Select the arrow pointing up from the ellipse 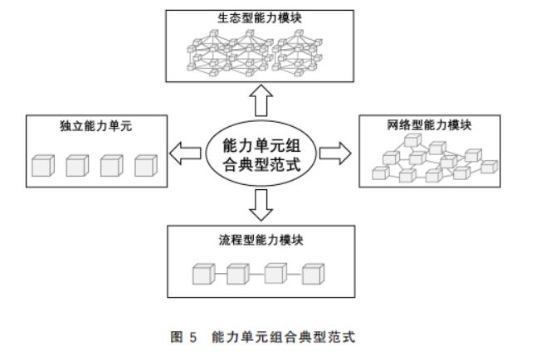click(262, 101)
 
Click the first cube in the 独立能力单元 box click(42, 165)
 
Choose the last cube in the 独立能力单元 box click(145, 165)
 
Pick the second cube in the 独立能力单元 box click(77, 165)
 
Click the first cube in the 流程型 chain click(203, 274)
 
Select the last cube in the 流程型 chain click(312, 274)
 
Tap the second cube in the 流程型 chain click(238, 274)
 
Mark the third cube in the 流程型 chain click(275, 274)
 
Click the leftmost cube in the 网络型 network click(380, 173)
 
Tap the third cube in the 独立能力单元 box click(111, 165)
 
